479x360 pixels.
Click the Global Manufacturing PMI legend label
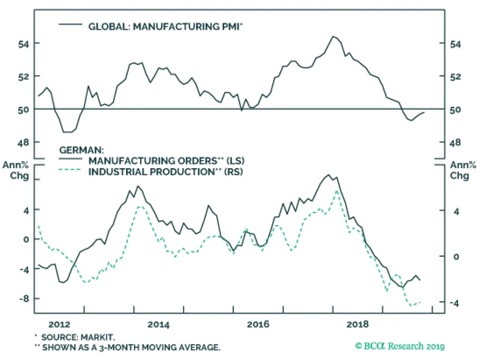165,27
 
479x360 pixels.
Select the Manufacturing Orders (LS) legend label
166,161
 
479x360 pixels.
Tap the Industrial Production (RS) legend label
166,172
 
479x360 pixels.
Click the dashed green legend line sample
70,170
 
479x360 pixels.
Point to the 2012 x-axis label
59,324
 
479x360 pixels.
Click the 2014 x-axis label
158,324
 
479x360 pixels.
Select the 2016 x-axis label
258,324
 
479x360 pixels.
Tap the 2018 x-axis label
357,324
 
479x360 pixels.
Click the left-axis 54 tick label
24,44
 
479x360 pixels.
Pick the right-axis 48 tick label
455,143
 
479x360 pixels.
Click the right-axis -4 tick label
454,303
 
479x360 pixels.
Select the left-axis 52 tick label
24,77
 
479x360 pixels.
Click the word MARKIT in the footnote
98,338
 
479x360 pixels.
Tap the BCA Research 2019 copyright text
400,346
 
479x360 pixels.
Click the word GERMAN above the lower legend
81,150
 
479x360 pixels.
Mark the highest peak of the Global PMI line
334,37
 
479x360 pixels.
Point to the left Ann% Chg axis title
16,170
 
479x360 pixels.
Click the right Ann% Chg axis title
463,170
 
